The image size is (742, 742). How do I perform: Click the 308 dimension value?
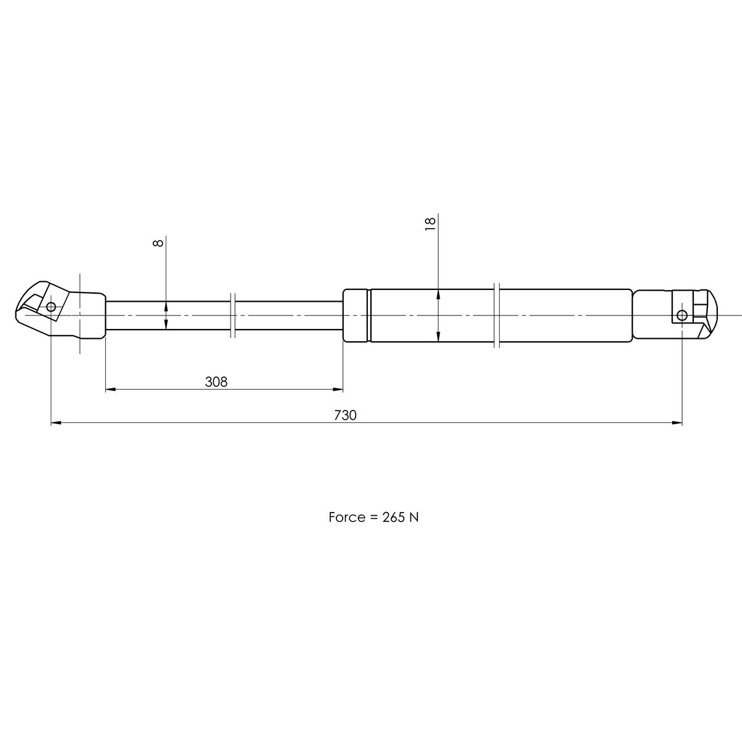click(x=216, y=382)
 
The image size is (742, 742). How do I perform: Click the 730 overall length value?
click(x=345, y=416)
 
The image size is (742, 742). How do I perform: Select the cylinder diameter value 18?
click(x=431, y=223)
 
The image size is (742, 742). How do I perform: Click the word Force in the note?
click(x=347, y=518)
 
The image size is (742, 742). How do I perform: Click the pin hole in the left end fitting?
click(x=51, y=306)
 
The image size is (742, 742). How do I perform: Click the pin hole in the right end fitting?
click(x=681, y=315)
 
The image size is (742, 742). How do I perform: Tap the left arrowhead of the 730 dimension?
click(x=55, y=423)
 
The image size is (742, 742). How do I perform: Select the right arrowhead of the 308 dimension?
click(x=338, y=390)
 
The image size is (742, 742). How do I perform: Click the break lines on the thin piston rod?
click(x=232, y=315)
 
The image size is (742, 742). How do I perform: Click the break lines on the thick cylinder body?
click(x=497, y=315)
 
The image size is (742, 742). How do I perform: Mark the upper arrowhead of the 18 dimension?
click(x=438, y=294)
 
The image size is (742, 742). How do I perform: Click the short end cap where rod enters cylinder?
click(x=356, y=315)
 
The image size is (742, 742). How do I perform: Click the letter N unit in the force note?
click(x=414, y=518)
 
